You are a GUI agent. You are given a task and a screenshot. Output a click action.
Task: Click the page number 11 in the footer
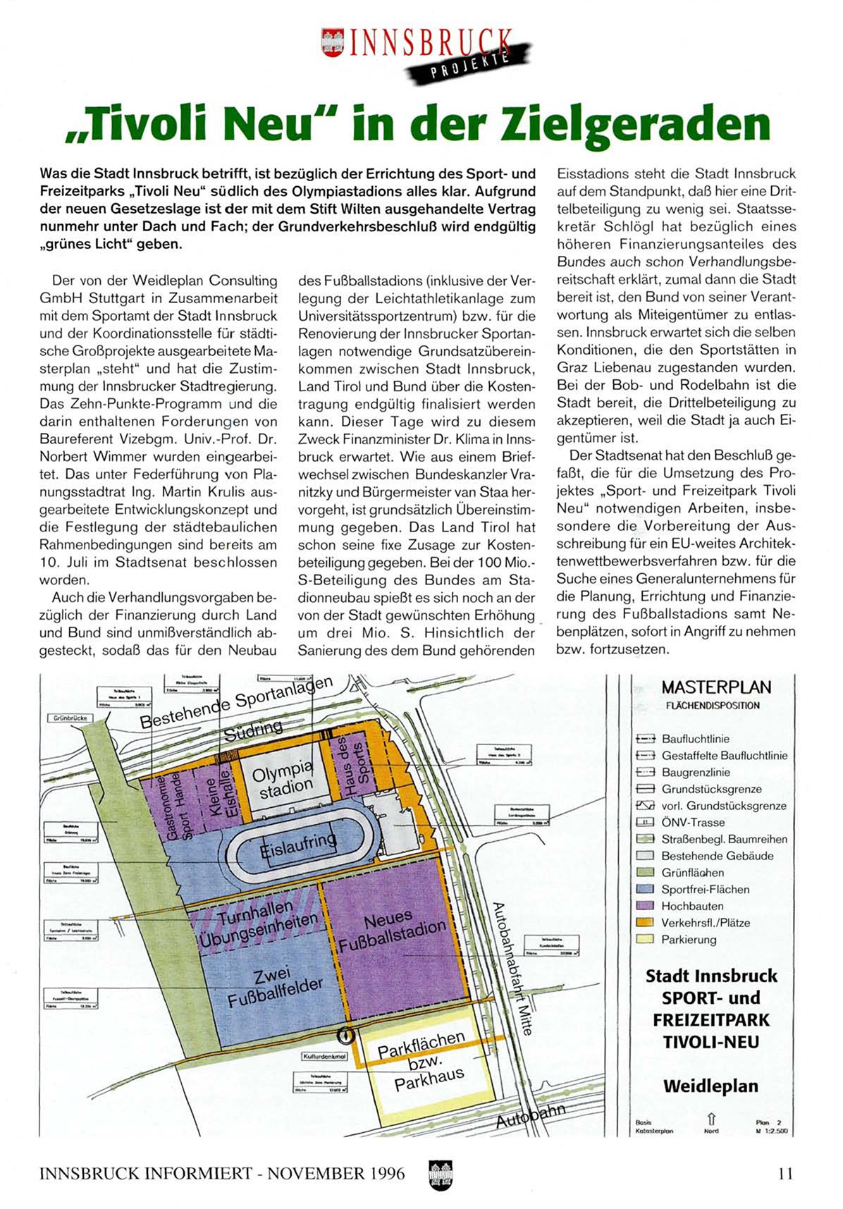tap(785, 1174)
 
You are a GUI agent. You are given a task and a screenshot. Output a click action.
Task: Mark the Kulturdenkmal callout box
tap(325, 1057)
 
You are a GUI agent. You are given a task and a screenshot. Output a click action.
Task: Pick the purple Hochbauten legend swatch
tap(642, 906)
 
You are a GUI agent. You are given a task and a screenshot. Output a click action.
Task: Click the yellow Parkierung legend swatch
tap(642, 940)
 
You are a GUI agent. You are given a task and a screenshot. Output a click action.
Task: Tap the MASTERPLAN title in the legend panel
tap(716, 687)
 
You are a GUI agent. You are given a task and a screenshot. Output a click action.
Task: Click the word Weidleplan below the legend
tap(710, 1086)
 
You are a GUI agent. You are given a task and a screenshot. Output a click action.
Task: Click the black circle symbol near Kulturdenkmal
tap(345, 1036)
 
